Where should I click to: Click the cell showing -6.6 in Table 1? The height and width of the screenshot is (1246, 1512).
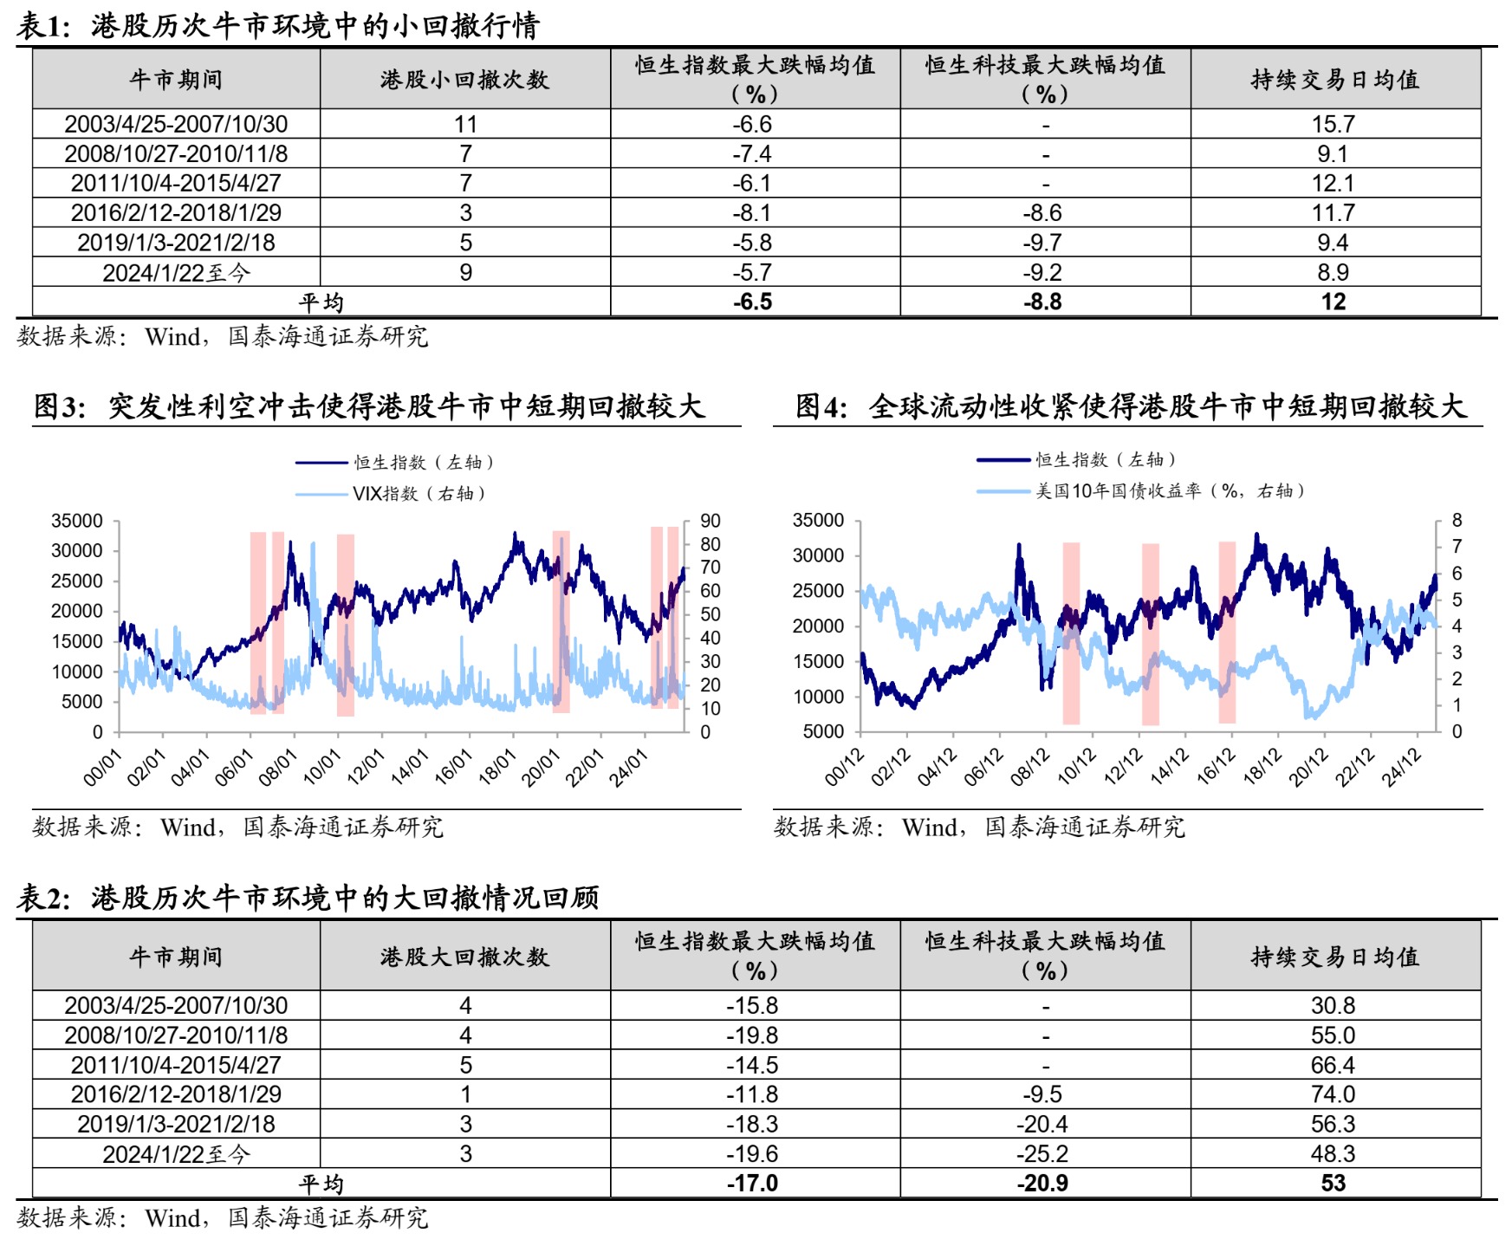click(x=752, y=124)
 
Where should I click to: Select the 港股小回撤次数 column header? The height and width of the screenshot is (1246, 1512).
click(x=464, y=80)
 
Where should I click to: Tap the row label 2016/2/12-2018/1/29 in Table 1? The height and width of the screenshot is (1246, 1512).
click(x=176, y=212)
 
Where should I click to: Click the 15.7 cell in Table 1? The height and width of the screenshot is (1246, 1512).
click(x=1333, y=124)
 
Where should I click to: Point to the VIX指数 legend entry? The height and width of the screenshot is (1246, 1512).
click(x=419, y=494)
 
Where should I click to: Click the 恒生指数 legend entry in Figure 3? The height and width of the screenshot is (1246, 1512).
click(x=424, y=463)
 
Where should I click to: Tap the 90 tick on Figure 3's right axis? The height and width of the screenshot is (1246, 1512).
click(x=711, y=521)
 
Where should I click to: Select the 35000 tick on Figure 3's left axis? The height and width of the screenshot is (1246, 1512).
click(x=77, y=521)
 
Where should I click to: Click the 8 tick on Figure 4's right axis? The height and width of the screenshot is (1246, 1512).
click(x=1457, y=520)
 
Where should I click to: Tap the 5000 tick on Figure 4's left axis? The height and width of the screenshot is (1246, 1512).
click(x=823, y=731)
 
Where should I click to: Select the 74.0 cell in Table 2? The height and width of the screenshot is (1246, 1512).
click(x=1333, y=1093)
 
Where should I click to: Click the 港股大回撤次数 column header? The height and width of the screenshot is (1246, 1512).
click(x=464, y=957)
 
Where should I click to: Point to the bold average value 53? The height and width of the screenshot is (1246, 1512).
click(x=1333, y=1183)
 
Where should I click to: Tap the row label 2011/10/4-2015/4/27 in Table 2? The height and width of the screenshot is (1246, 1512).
click(x=176, y=1064)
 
